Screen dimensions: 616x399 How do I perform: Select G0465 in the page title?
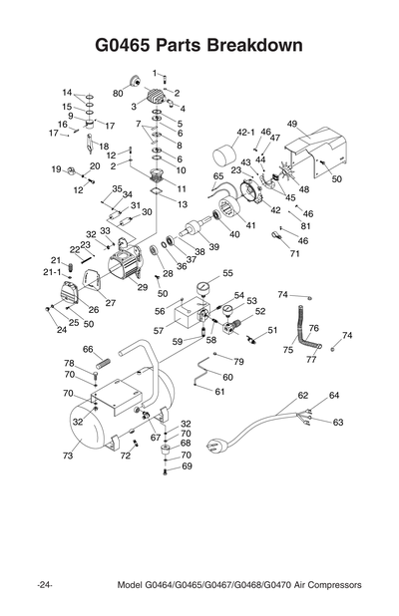pyautogui.click(x=122, y=46)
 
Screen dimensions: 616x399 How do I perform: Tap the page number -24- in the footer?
pyautogui.click(x=45, y=583)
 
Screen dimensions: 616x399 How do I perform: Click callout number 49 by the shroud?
pyautogui.click(x=292, y=124)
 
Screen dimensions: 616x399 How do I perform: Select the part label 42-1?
pyautogui.click(x=246, y=132)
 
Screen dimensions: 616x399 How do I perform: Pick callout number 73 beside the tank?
pyautogui.click(x=68, y=456)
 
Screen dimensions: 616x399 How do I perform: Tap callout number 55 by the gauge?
pyautogui.click(x=227, y=273)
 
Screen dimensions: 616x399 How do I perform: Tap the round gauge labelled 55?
pyautogui.click(x=204, y=289)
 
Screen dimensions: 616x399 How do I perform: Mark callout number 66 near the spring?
pyautogui.click(x=88, y=349)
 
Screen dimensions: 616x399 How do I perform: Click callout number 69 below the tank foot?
pyautogui.click(x=186, y=465)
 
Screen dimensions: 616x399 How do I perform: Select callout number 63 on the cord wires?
pyautogui.click(x=337, y=422)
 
